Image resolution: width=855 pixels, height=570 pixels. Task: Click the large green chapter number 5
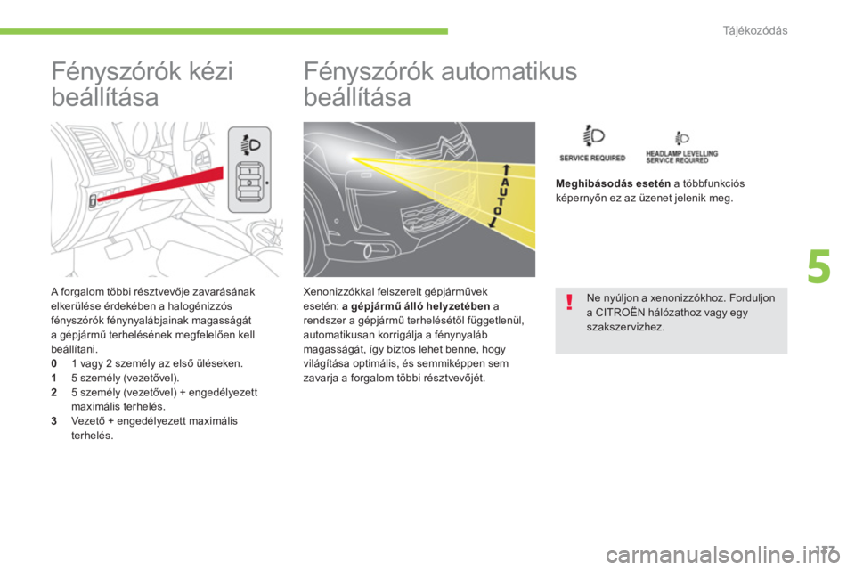point(819,266)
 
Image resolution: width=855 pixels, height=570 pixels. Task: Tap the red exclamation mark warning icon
point(569,302)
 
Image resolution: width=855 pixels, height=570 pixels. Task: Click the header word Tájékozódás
point(755,30)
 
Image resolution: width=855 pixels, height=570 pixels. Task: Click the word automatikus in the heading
point(509,71)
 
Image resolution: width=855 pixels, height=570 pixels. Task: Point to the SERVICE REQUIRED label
point(592,159)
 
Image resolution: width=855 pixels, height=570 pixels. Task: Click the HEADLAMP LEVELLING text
point(681,153)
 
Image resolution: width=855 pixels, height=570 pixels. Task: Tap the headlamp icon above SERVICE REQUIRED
point(593,135)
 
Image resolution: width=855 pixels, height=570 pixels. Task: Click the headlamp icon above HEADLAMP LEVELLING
point(681,138)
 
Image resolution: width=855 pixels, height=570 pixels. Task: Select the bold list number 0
point(54,363)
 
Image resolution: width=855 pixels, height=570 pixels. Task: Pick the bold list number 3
point(54,421)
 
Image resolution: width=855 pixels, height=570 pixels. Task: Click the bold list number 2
point(54,393)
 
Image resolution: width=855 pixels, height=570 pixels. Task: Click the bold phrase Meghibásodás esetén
point(613,183)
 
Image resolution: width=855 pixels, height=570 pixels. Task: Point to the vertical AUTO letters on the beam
point(501,195)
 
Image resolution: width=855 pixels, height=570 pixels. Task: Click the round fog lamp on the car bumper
point(369,251)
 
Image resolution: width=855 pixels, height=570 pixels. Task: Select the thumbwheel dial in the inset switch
point(249,183)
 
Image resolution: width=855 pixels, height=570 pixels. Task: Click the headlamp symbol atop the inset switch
point(251,145)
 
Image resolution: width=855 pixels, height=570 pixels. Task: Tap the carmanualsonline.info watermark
point(723,555)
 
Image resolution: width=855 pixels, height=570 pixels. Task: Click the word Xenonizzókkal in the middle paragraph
point(338,292)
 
